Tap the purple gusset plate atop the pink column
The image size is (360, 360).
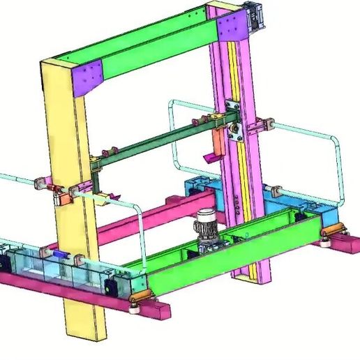[x=230, y=27]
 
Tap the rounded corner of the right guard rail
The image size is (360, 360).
[x=336, y=142]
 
